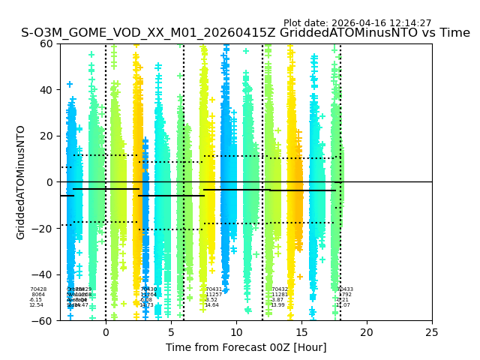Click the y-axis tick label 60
(47, 43)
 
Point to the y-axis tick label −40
(44, 274)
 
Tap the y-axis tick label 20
(47, 136)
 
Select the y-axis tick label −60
(44, 321)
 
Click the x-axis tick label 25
(431, 332)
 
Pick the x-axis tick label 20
(366, 332)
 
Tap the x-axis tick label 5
(171, 332)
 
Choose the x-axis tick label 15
(301, 332)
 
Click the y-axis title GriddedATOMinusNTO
(21, 182)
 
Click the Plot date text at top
(357, 23)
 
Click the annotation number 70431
(214, 289)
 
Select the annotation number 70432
(280, 289)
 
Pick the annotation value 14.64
(211, 305)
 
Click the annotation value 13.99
(277, 305)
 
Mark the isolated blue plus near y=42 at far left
(70, 85)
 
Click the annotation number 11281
(279, 295)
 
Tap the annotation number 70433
(345, 289)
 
